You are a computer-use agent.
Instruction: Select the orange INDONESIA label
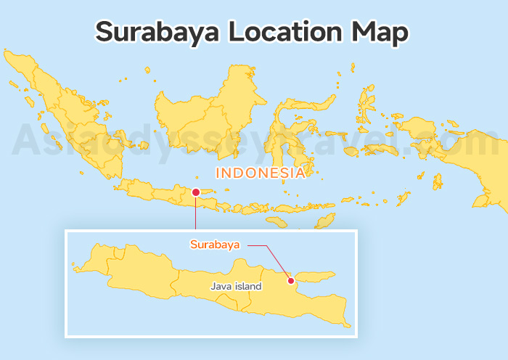click(260, 173)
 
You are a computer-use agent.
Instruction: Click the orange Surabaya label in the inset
click(215, 245)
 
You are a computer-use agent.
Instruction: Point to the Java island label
click(236, 287)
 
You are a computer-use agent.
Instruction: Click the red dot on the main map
click(195, 192)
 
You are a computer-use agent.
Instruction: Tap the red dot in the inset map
click(290, 281)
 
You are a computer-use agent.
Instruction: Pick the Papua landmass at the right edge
click(486, 160)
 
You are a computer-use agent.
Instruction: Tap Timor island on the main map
click(327, 218)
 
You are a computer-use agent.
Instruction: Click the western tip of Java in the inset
click(75, 268)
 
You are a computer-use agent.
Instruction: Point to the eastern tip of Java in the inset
click(348, 324)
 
